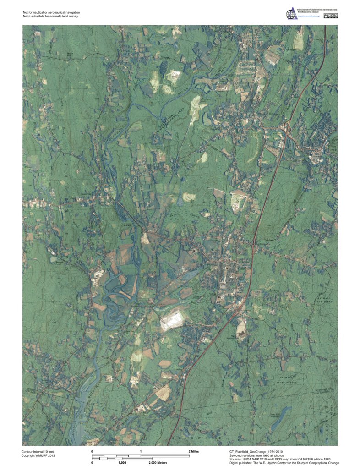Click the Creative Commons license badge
[331, 16]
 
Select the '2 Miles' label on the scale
[194, 452]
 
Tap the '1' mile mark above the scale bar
[141, 452]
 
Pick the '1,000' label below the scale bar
[122, 463]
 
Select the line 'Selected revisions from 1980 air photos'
[260, 455]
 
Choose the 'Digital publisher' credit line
[284, 463]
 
